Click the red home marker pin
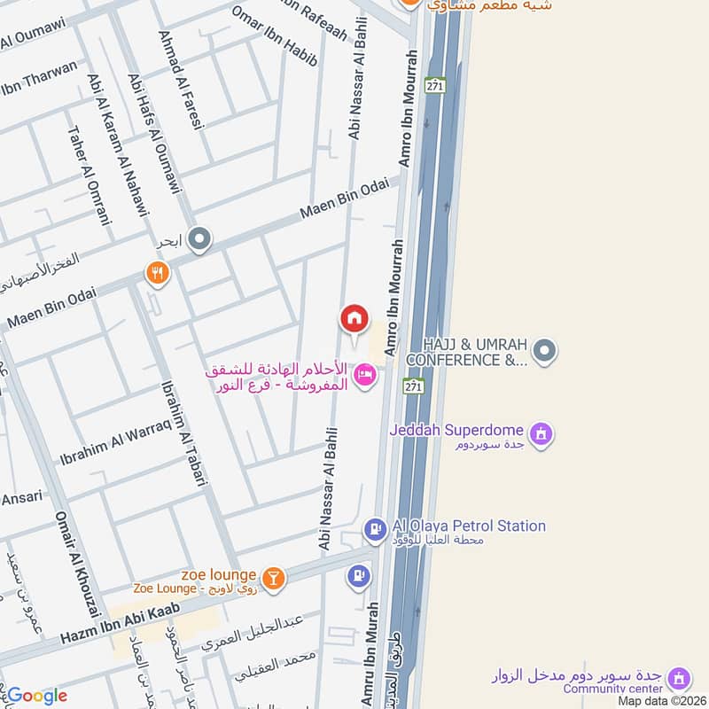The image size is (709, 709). tap(354, 318)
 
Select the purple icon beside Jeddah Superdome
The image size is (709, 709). tap(541, 434)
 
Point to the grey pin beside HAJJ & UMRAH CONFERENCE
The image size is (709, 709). tap(547, 351)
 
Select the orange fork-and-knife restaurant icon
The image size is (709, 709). tap(157, 273)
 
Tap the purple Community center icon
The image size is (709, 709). tap(679, 679)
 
